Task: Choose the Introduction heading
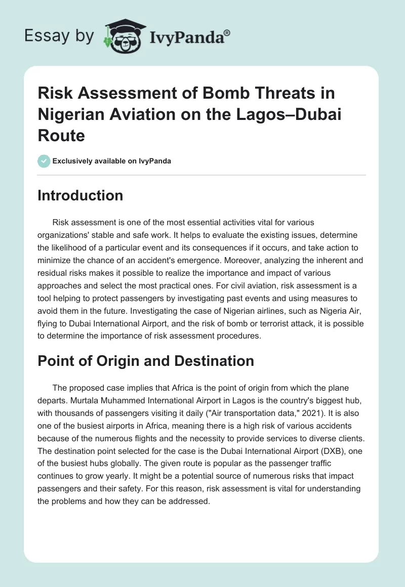pyautogui.click(x=80, y=195)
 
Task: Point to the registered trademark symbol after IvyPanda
pyautogui.click(x=227, y=32)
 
